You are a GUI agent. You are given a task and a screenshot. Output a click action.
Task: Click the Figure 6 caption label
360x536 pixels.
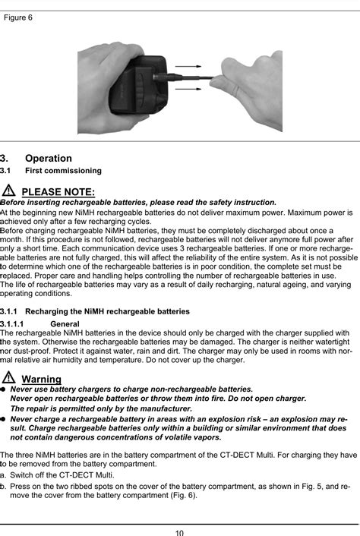point(18,17)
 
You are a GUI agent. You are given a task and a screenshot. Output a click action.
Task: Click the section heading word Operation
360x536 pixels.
point(49,158)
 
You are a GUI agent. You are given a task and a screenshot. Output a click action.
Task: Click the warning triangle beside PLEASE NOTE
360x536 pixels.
point(9,190)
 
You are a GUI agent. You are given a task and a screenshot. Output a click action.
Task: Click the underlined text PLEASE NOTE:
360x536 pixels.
point(58,191)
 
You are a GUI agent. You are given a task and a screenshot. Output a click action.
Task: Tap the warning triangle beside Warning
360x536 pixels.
point(9,377)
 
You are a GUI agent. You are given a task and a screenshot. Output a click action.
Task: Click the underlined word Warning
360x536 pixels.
point(42,379)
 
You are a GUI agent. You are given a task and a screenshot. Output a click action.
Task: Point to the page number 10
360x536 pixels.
point(179,531)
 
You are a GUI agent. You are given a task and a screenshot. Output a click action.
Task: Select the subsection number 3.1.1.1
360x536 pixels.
point(16,323)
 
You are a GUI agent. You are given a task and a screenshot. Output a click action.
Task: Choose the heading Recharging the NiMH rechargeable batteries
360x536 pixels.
point(107,311)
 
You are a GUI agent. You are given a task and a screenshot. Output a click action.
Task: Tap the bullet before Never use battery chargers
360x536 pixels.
point(3,389)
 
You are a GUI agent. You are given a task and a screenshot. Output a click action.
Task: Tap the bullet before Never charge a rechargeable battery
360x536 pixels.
point(3,418)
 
